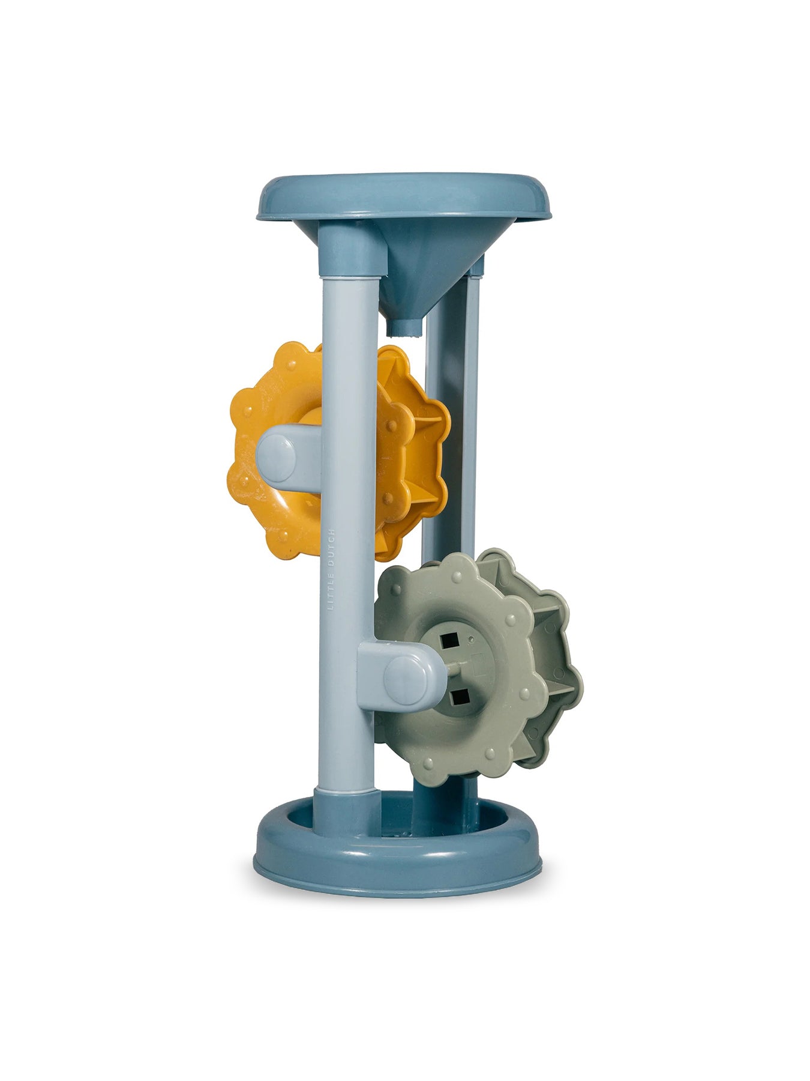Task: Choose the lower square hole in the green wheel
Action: click(459, 696)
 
